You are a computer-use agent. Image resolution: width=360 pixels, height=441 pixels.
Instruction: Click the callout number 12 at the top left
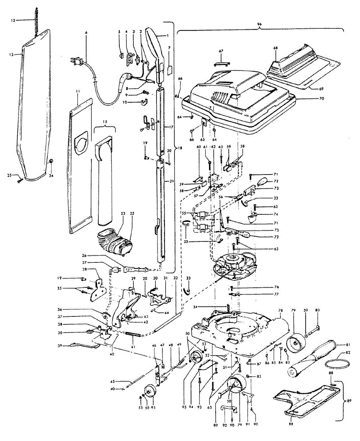pyautogui.click(x=13, y=20)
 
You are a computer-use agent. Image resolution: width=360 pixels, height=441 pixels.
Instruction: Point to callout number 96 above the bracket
pyautogui.click(x=259, y=24)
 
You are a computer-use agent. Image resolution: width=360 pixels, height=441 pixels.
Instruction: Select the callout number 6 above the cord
pyautogui.click(x=86, y=33)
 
